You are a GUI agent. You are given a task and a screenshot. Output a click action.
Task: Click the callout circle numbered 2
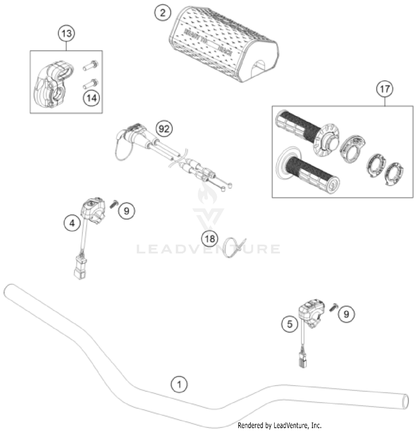coord(163,13)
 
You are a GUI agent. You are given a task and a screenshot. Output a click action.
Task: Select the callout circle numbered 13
coord(66,34)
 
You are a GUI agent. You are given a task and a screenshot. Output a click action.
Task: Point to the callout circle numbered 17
coord(385,89)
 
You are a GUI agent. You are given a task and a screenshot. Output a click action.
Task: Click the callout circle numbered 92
coord(164,129)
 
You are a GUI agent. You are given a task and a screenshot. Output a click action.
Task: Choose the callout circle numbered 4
coord(72,223)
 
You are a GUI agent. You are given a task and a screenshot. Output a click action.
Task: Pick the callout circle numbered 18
coord(210,239)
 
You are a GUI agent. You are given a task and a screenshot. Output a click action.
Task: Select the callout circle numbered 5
coord(290,324)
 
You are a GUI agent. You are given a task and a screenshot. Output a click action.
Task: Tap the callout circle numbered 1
coord(179,384)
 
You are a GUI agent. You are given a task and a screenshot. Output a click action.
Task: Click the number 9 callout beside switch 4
coord(126,211)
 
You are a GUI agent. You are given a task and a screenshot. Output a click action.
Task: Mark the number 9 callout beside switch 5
coord(346,314)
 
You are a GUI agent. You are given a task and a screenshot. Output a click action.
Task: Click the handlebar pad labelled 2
coord(222,44)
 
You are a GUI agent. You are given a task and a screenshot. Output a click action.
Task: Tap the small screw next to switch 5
coord(333,307)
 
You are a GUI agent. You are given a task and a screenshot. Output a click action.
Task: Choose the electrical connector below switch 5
coord(303,360)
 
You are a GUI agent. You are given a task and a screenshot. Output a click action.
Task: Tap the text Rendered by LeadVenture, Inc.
coord(279,425)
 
